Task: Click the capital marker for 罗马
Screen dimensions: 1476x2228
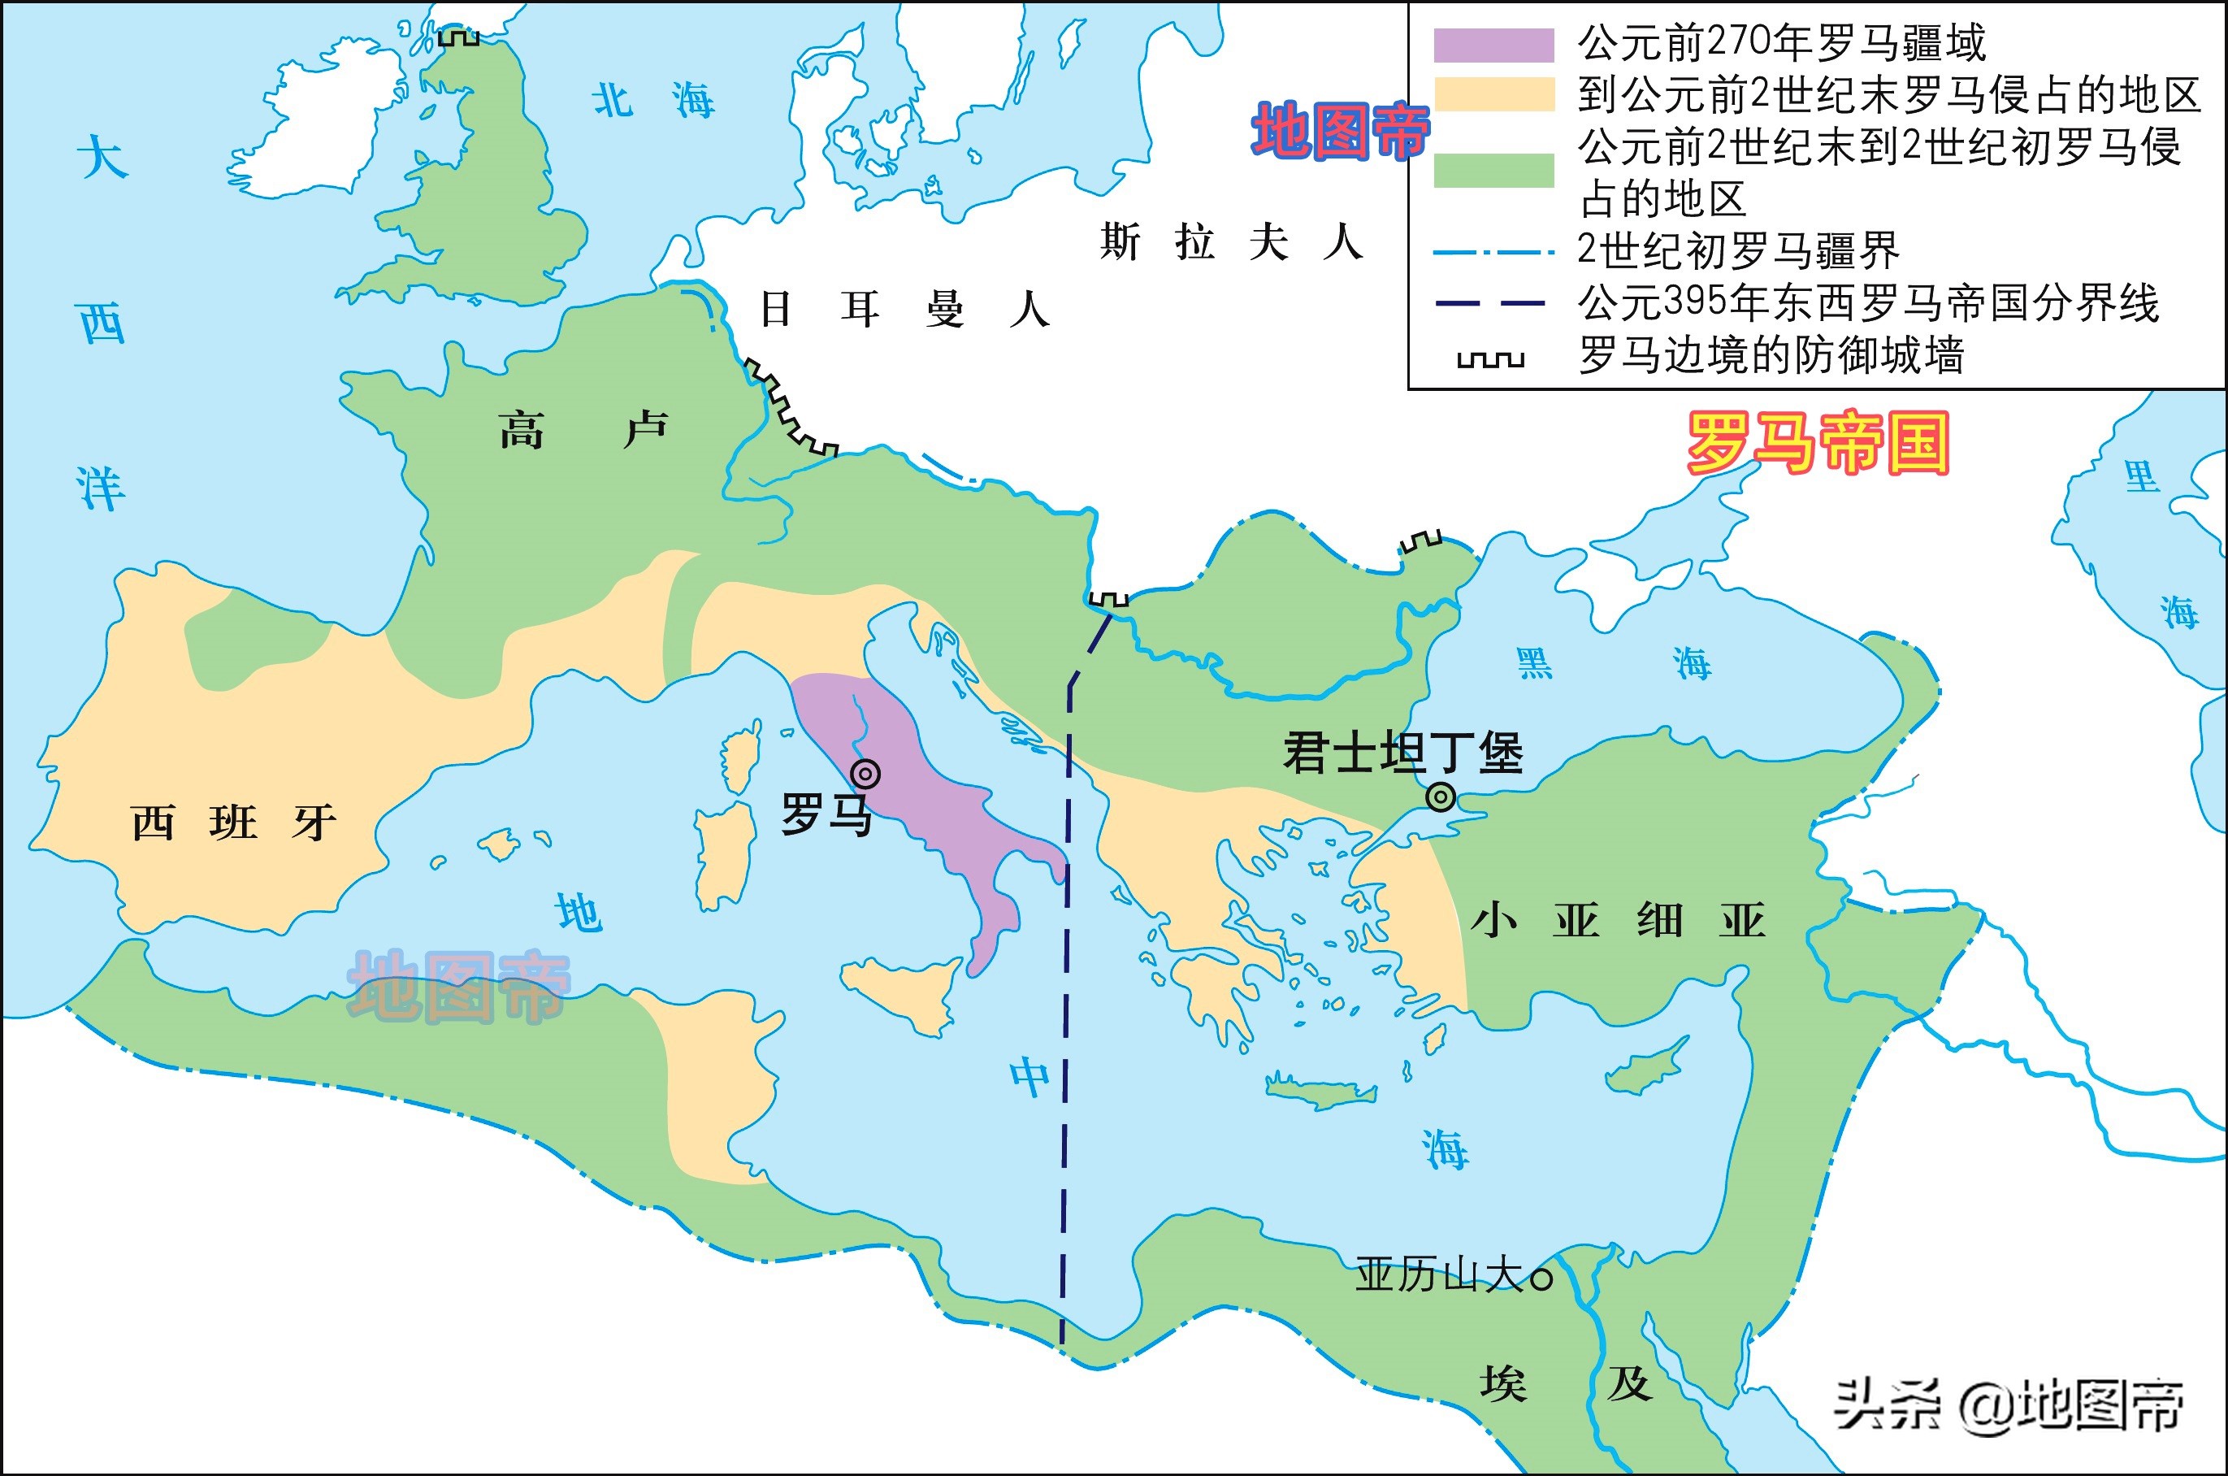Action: [x=865, y=774]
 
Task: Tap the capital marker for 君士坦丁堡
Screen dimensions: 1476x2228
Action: [x=1441, y=797]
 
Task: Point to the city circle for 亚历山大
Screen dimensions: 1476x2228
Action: [x=1541, y=1278]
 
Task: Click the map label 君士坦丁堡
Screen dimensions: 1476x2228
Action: [x=1402, y=753]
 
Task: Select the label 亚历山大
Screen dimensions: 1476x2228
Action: [x=1438, y=1276]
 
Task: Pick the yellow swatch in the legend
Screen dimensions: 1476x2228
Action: [x=1493, y=95]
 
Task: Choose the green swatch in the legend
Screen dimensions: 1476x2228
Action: [x=1493, y=171]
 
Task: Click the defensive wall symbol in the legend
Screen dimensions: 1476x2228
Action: [x=1490, y=359]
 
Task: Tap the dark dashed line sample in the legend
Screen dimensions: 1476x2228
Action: [x=1490, y=303]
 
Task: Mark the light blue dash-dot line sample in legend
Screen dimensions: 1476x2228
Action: [x=1490, y=252]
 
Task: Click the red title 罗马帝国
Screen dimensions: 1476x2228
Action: [x=1817, y=443]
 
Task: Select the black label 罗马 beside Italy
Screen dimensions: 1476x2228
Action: [x=826, y=814]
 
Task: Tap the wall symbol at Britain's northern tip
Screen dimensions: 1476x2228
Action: [x=459, y=37]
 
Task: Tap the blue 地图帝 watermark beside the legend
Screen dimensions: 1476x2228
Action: [x=1340, y=132]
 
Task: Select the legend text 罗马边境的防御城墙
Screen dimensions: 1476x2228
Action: [x=1771, y=356]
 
